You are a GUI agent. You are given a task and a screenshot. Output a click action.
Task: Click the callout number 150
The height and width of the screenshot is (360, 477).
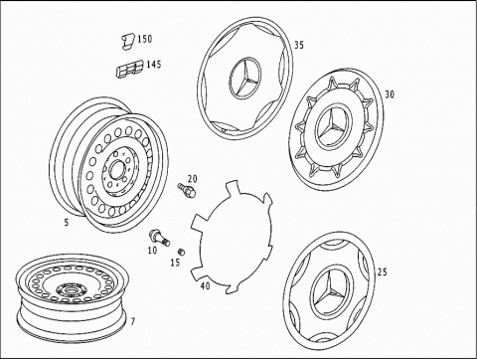[x=145, y=39]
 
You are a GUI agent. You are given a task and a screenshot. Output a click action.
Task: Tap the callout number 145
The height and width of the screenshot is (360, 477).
[x=154, y=64]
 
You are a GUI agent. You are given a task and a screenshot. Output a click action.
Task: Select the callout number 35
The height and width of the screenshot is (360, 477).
[x=299, y=45]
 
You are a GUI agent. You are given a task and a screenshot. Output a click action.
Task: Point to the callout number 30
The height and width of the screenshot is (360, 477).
[x=390, y=94]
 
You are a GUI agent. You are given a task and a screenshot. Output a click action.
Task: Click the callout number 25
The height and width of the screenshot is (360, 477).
[x=382, y=272]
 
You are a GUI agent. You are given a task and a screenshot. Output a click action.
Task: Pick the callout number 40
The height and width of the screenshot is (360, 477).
[x=206, y=285]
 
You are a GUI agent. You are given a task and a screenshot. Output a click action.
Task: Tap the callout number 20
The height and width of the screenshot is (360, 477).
[x=193, y=179]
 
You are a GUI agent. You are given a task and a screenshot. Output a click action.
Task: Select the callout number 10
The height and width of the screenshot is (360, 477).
[x=152, y=251]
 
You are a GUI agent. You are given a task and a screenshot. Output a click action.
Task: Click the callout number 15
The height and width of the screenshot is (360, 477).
[x=175, y=263]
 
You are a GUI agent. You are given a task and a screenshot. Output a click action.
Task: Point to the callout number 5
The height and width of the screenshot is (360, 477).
[x=67, y=223]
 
